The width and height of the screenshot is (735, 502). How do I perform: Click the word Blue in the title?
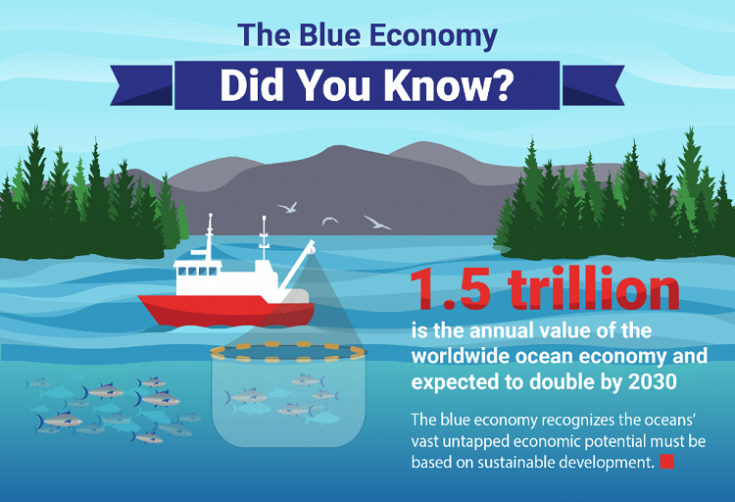click(x=329, y=35)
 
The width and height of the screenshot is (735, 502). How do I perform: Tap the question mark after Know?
click(x=502, y=85)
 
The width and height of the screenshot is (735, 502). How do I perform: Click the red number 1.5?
click(x=451, y=288)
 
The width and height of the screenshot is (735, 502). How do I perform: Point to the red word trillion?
click(x=594, y=287)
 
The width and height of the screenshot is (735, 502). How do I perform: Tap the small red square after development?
click(x=666, y=462)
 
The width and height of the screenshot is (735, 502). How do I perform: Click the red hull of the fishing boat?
click(x=226, y=311)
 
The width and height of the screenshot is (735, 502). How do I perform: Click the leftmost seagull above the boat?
click(x=288, y=207)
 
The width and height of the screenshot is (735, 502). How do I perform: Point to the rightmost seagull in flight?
click(x=377, y=223)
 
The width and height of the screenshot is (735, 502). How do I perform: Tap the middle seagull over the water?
click(x=329, y=221)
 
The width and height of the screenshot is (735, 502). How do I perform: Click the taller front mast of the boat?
click(x=210, y=237)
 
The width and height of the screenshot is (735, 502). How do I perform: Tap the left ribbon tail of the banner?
click(x=141, y=85)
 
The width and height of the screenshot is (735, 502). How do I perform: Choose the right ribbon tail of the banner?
click(x=593, y=85)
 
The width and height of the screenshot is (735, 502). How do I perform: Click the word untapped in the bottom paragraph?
click(x=474, y=442)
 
